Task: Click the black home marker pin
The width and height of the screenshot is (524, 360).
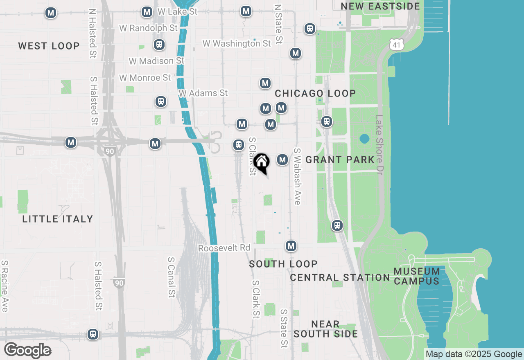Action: click(x=261, y=162)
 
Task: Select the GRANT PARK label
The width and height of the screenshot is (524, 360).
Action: click(x=340, y=160)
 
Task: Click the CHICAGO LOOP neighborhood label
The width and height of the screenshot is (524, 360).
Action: click(x=315, y=93)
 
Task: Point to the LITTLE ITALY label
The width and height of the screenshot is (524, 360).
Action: click(x=58, y=219)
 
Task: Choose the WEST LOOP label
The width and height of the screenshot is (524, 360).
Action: click(x=49, y=46)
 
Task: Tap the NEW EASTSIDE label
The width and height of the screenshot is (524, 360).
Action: click(x=380, y=6)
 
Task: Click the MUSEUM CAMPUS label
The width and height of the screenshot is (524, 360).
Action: click(x=417, y=276)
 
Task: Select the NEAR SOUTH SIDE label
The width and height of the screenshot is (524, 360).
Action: click(x=325, y=329)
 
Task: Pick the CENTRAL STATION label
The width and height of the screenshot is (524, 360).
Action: click(x=340, y=277)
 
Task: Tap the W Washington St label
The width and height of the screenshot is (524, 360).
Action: click(x=237, y=43)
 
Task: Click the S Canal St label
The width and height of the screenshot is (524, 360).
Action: click(x=172, y=277)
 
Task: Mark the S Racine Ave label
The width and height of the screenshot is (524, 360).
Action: click(x=5, y=286)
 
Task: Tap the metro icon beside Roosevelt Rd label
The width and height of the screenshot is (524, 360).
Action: click(x=291, y=246)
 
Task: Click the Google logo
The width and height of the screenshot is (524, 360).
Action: click(x=27, y=351)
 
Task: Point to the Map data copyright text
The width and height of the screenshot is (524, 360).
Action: click(x=474, y=354)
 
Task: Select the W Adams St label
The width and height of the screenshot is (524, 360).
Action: click(x=203, y=93)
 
